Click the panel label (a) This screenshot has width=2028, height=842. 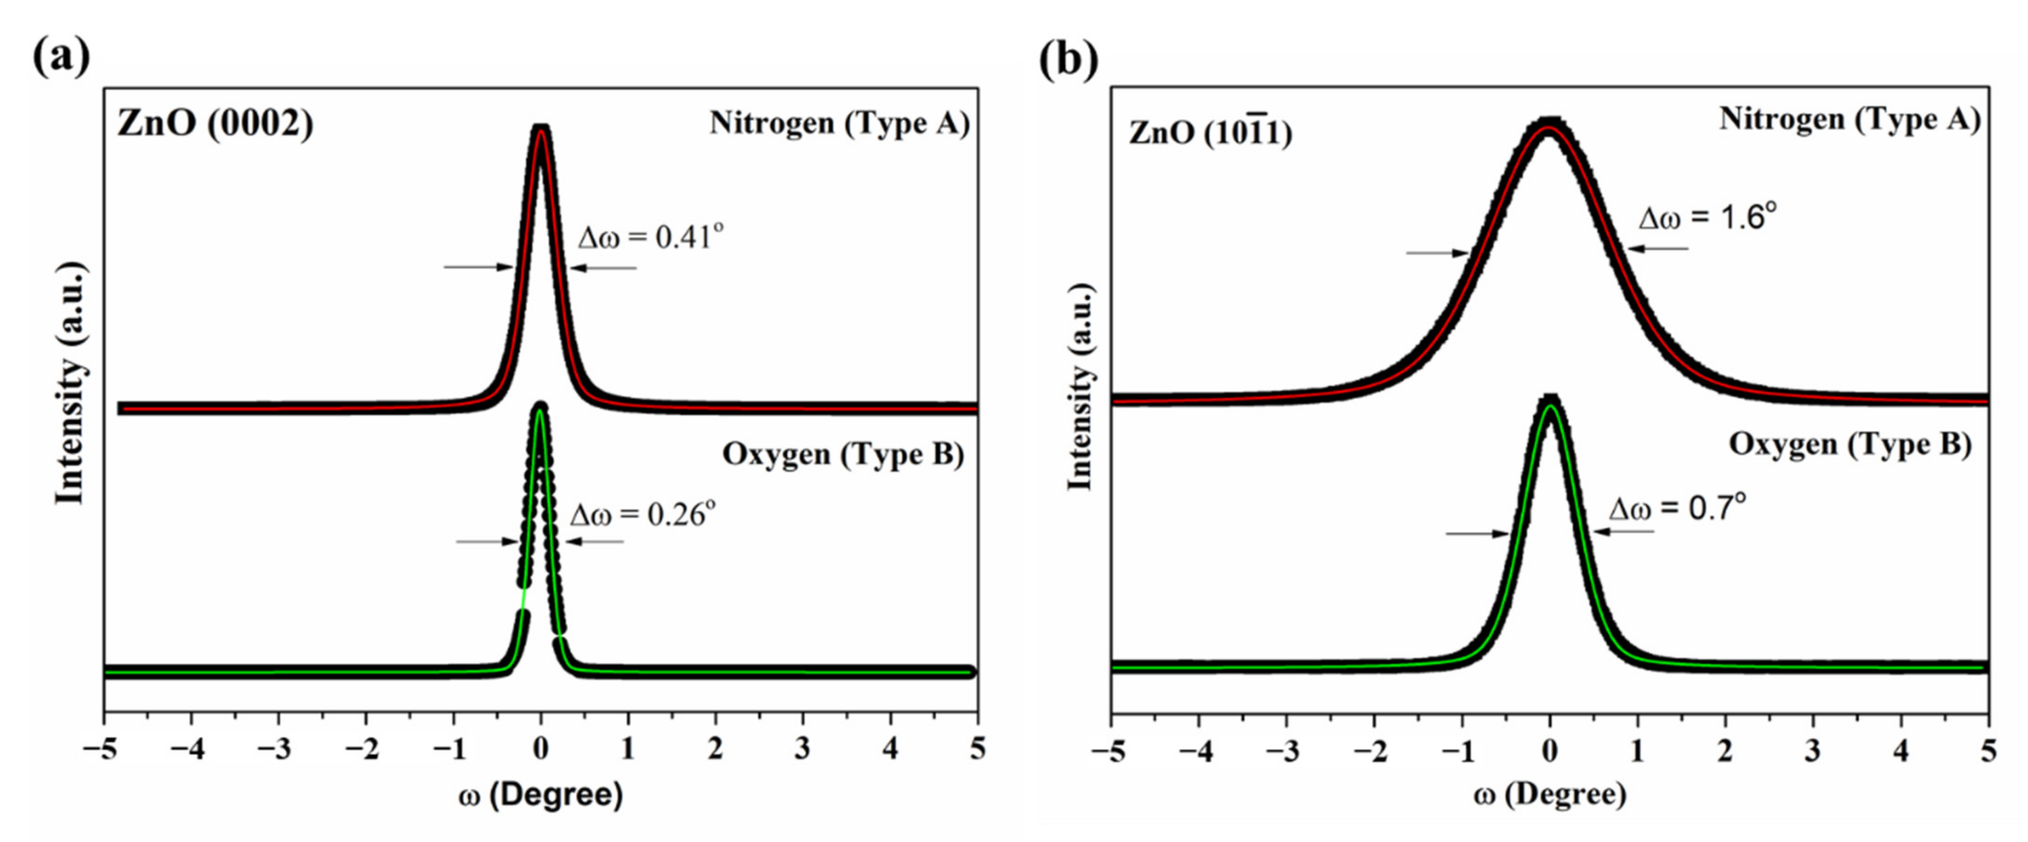[x=61, y=56]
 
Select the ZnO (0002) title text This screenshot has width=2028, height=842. [x=215, y=123]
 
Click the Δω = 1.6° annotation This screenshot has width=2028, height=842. [x=1707, y=217]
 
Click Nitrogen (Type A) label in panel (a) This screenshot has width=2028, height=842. [x=839, y=123]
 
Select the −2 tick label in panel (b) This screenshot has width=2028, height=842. [x=1372, y=750]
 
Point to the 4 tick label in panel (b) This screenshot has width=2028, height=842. [x=1901, y=750]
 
